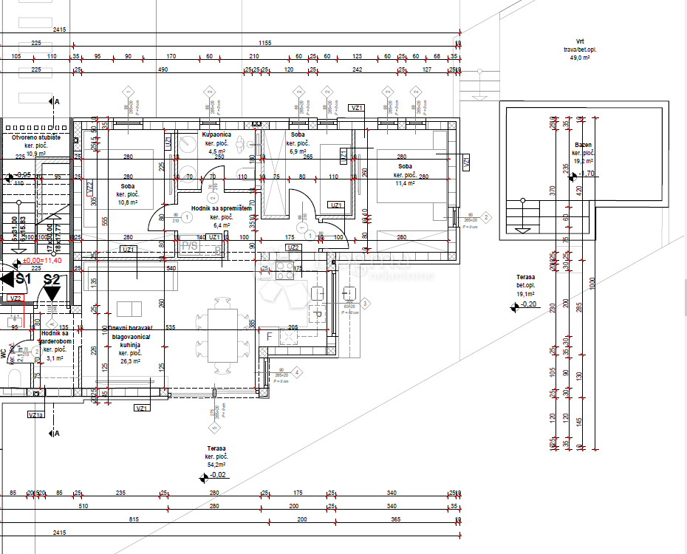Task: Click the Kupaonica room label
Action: point(216,135)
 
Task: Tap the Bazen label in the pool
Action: point(583,146)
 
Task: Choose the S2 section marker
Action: point(51,279)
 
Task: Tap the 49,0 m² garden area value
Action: point(580,57)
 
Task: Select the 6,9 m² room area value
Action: point(298,151)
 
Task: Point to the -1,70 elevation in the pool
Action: point(587,174)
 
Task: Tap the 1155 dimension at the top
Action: point(264,43)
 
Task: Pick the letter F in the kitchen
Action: point(270,337)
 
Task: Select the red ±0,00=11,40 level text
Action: point(42,261)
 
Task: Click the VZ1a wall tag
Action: point(35,415)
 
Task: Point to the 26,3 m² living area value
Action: point(130,361)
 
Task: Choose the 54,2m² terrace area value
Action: point(216,465)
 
